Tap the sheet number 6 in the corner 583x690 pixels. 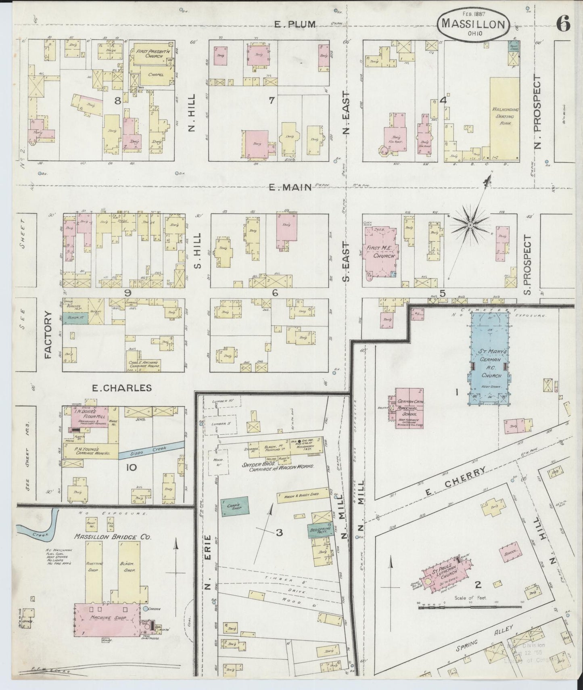click(563, 25)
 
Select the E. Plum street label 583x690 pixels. click(295, 24)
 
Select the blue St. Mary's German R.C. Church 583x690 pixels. click(489, 359)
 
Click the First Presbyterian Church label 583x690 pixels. click(148, 54)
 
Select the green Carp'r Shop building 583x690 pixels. click(235, 507)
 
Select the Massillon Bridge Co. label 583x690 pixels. click(112, 537)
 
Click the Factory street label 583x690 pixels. click(48, 335)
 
